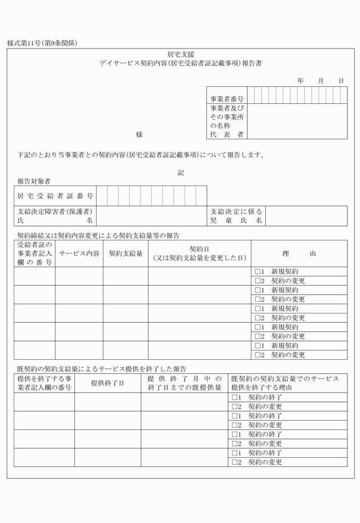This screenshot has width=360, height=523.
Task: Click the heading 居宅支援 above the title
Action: [180, 54]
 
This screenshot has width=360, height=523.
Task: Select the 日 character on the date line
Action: [341, 81]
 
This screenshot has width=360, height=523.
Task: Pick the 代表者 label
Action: [227, 134]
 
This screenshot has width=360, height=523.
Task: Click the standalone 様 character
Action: [139, 135]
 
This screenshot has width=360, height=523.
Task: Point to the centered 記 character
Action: [181, 172]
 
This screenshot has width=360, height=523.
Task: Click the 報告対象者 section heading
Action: [34, 181]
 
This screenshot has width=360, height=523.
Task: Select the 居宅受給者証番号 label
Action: [55, 196]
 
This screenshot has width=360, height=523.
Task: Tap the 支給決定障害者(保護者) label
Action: [55, 211]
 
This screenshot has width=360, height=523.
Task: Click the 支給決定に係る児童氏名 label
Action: [237, 215]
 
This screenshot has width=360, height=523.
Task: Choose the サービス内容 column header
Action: [79, 253]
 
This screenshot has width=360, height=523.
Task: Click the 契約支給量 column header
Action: [126, 253]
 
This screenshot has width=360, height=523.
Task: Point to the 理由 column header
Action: [299, 253]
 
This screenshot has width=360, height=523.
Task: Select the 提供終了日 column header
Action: [107, 383]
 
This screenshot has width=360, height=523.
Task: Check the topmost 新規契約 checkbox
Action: [258, 272]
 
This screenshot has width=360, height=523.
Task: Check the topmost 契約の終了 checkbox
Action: [234, 397]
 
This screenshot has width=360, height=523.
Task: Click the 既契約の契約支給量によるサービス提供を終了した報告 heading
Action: [102, 369]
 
